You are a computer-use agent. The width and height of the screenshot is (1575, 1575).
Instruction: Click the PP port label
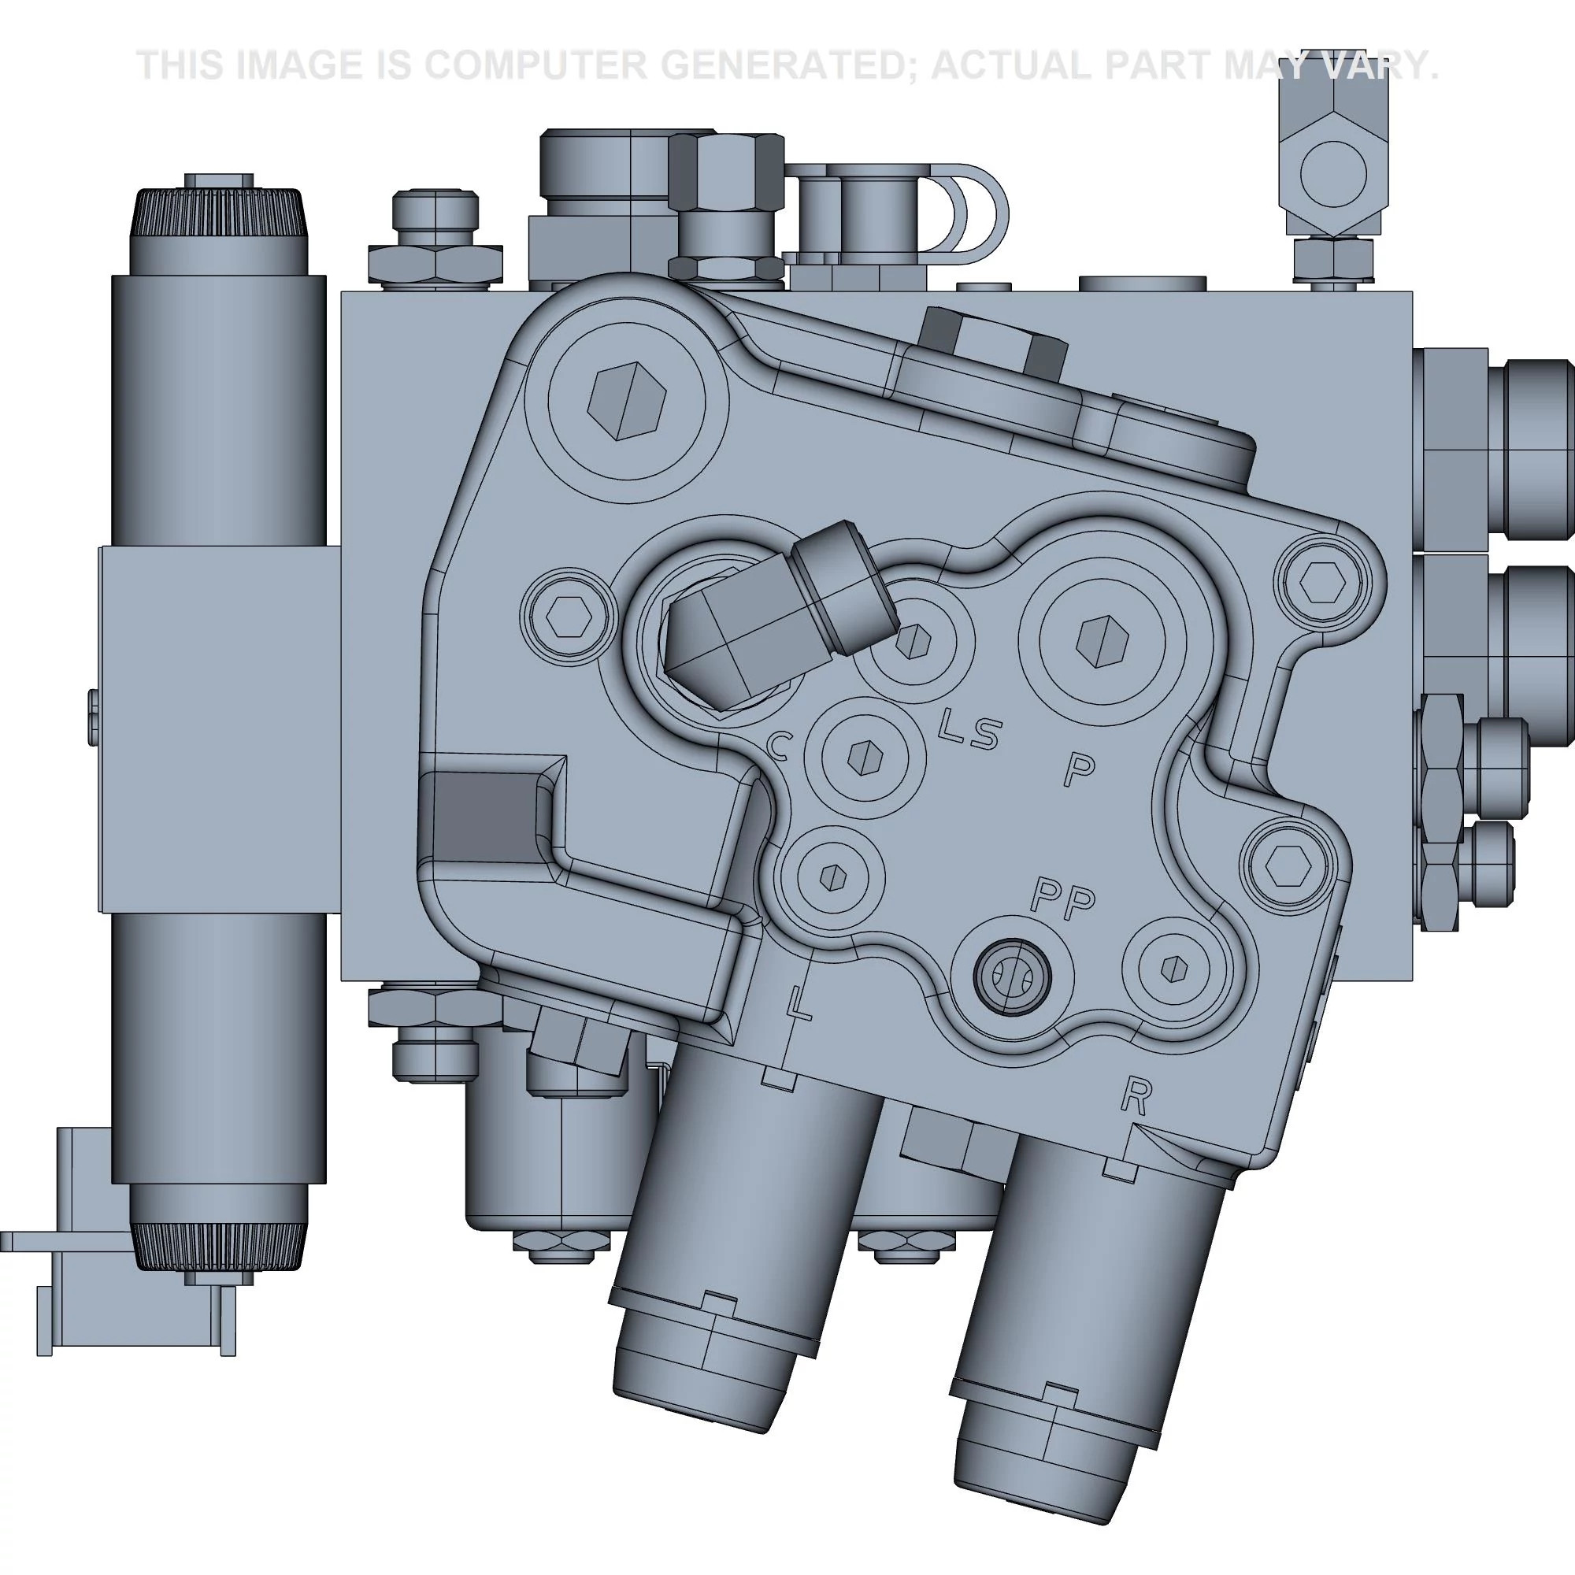coord(1063,898)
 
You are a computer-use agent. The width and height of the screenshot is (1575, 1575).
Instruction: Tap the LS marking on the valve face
coord(968,730)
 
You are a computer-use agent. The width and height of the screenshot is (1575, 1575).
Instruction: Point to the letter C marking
coord(780,744)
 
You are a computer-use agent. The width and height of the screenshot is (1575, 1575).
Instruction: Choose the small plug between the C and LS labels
coord(865,758)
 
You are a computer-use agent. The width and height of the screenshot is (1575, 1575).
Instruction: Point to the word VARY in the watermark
coord(1377,65)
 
